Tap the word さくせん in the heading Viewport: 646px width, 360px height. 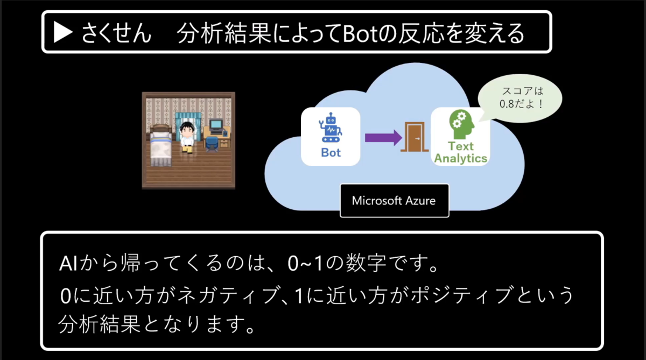117,34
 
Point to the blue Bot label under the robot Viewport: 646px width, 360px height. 331,153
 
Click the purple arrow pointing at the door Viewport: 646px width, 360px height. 383,137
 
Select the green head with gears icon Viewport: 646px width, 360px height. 461,125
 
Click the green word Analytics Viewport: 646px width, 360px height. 461,158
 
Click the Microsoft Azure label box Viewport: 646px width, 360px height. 394,201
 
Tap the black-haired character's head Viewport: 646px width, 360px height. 187,129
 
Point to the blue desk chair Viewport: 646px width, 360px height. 212,143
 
